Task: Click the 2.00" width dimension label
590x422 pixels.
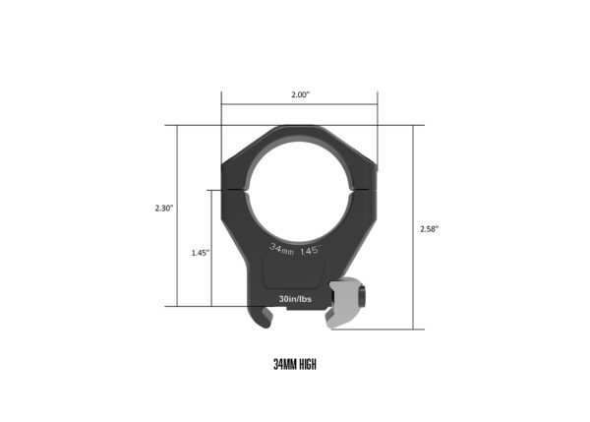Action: coord(300,94)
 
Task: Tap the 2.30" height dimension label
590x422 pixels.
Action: coord(164,208)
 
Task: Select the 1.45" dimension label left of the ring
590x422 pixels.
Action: coord(201,253)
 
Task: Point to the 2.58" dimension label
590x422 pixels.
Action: coord(430,229)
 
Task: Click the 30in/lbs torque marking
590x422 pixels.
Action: coord(295,299)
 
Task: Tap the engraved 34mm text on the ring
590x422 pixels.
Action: coord(281,249)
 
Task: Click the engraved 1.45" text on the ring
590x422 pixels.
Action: coord(310,251)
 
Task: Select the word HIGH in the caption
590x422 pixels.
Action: coord(308,364)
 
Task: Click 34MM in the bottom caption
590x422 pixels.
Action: coord(285,364)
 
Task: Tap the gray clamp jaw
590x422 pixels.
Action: coord(343,303)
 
